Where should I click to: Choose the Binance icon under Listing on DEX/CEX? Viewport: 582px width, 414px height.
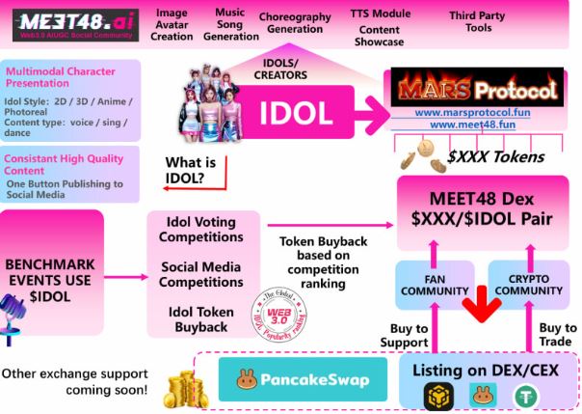coord(438,396)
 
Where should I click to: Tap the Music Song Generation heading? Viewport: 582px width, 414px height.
coord(230,25)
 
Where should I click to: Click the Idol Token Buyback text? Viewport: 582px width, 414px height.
coord(201,321)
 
